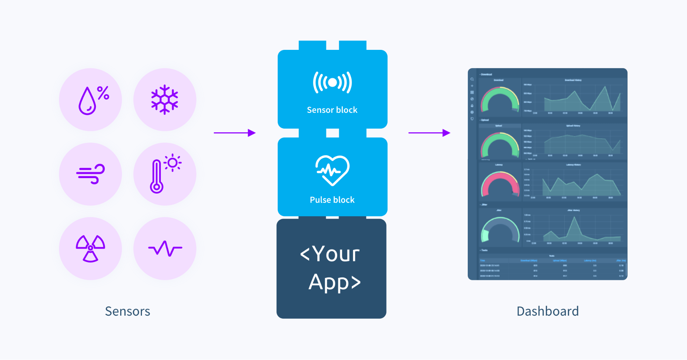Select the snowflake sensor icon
[165, 100]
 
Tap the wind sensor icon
[90, 174]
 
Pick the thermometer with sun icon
[165, 174]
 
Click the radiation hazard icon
[90, 248]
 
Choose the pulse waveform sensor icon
[165, 248]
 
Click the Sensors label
[128, 311]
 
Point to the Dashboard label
[547, 311]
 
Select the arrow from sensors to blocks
[234, 133]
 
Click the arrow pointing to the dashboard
[429, 133]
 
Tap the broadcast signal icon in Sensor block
[332, 83]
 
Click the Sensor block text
[332, 110]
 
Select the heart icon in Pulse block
[332, 170]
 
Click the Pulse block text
[332, 200]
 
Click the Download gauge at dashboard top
[500, 100]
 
